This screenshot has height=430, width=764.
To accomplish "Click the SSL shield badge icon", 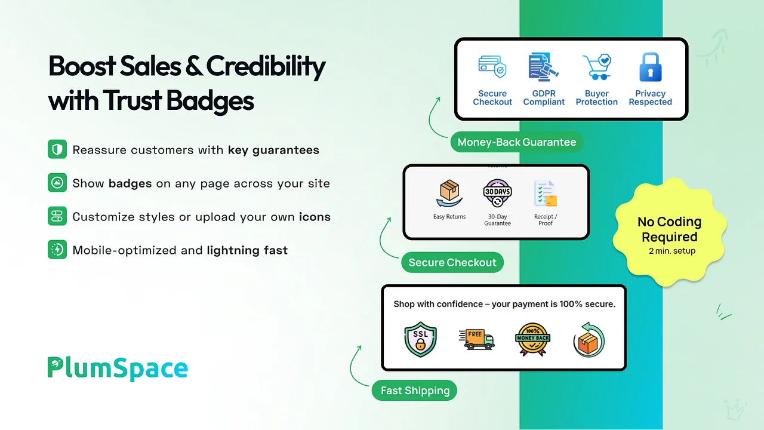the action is point(420,339).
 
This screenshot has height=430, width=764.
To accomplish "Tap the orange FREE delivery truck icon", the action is point(476,339).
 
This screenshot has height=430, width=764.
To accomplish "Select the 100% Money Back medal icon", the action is point(532,339).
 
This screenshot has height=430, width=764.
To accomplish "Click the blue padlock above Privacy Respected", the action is point(651,67).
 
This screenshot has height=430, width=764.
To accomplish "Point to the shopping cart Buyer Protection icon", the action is point(597,66).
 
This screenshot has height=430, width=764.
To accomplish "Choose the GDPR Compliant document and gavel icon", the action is point(543,67).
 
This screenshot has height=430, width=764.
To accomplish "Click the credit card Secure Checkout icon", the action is point(492,66).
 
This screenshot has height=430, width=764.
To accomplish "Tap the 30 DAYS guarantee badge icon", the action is point(497,193).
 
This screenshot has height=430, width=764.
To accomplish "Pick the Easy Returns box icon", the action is point(449,193).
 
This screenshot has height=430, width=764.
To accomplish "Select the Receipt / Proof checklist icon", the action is point(546,193).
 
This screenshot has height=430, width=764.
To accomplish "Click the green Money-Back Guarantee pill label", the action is point(517,142).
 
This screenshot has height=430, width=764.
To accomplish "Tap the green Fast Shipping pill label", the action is point(414,391).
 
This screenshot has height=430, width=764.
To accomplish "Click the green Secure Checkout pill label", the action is point(452,262).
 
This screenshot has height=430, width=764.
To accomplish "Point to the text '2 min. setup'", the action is point(672,251).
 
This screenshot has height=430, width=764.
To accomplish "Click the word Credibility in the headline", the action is point(266,67).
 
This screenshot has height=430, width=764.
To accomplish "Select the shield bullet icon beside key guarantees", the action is point(57,149).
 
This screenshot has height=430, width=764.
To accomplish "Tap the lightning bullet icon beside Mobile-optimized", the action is point(57,250).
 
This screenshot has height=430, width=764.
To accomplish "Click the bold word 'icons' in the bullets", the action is point(315,217).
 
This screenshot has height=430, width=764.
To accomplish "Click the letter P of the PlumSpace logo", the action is point(55,367).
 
